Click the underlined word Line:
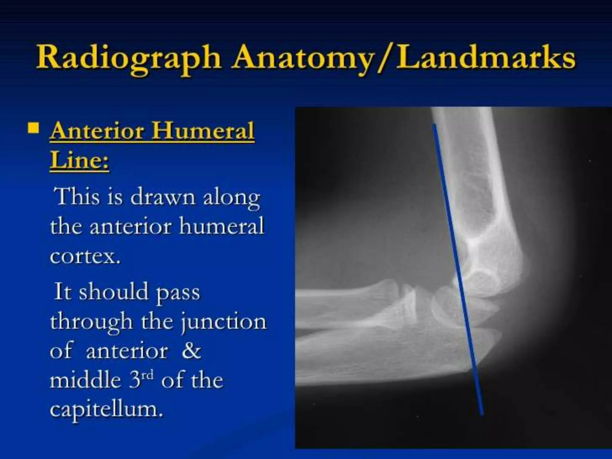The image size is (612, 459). click(x=79, y=160)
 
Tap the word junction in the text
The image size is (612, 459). click(x=224, y=322)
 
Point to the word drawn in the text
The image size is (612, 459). click(x=163, y=197)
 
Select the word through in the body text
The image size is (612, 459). click(x=91, y=322)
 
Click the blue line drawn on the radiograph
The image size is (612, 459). click(x=457, y=269)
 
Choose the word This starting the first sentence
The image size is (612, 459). click(x=76, y=197)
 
